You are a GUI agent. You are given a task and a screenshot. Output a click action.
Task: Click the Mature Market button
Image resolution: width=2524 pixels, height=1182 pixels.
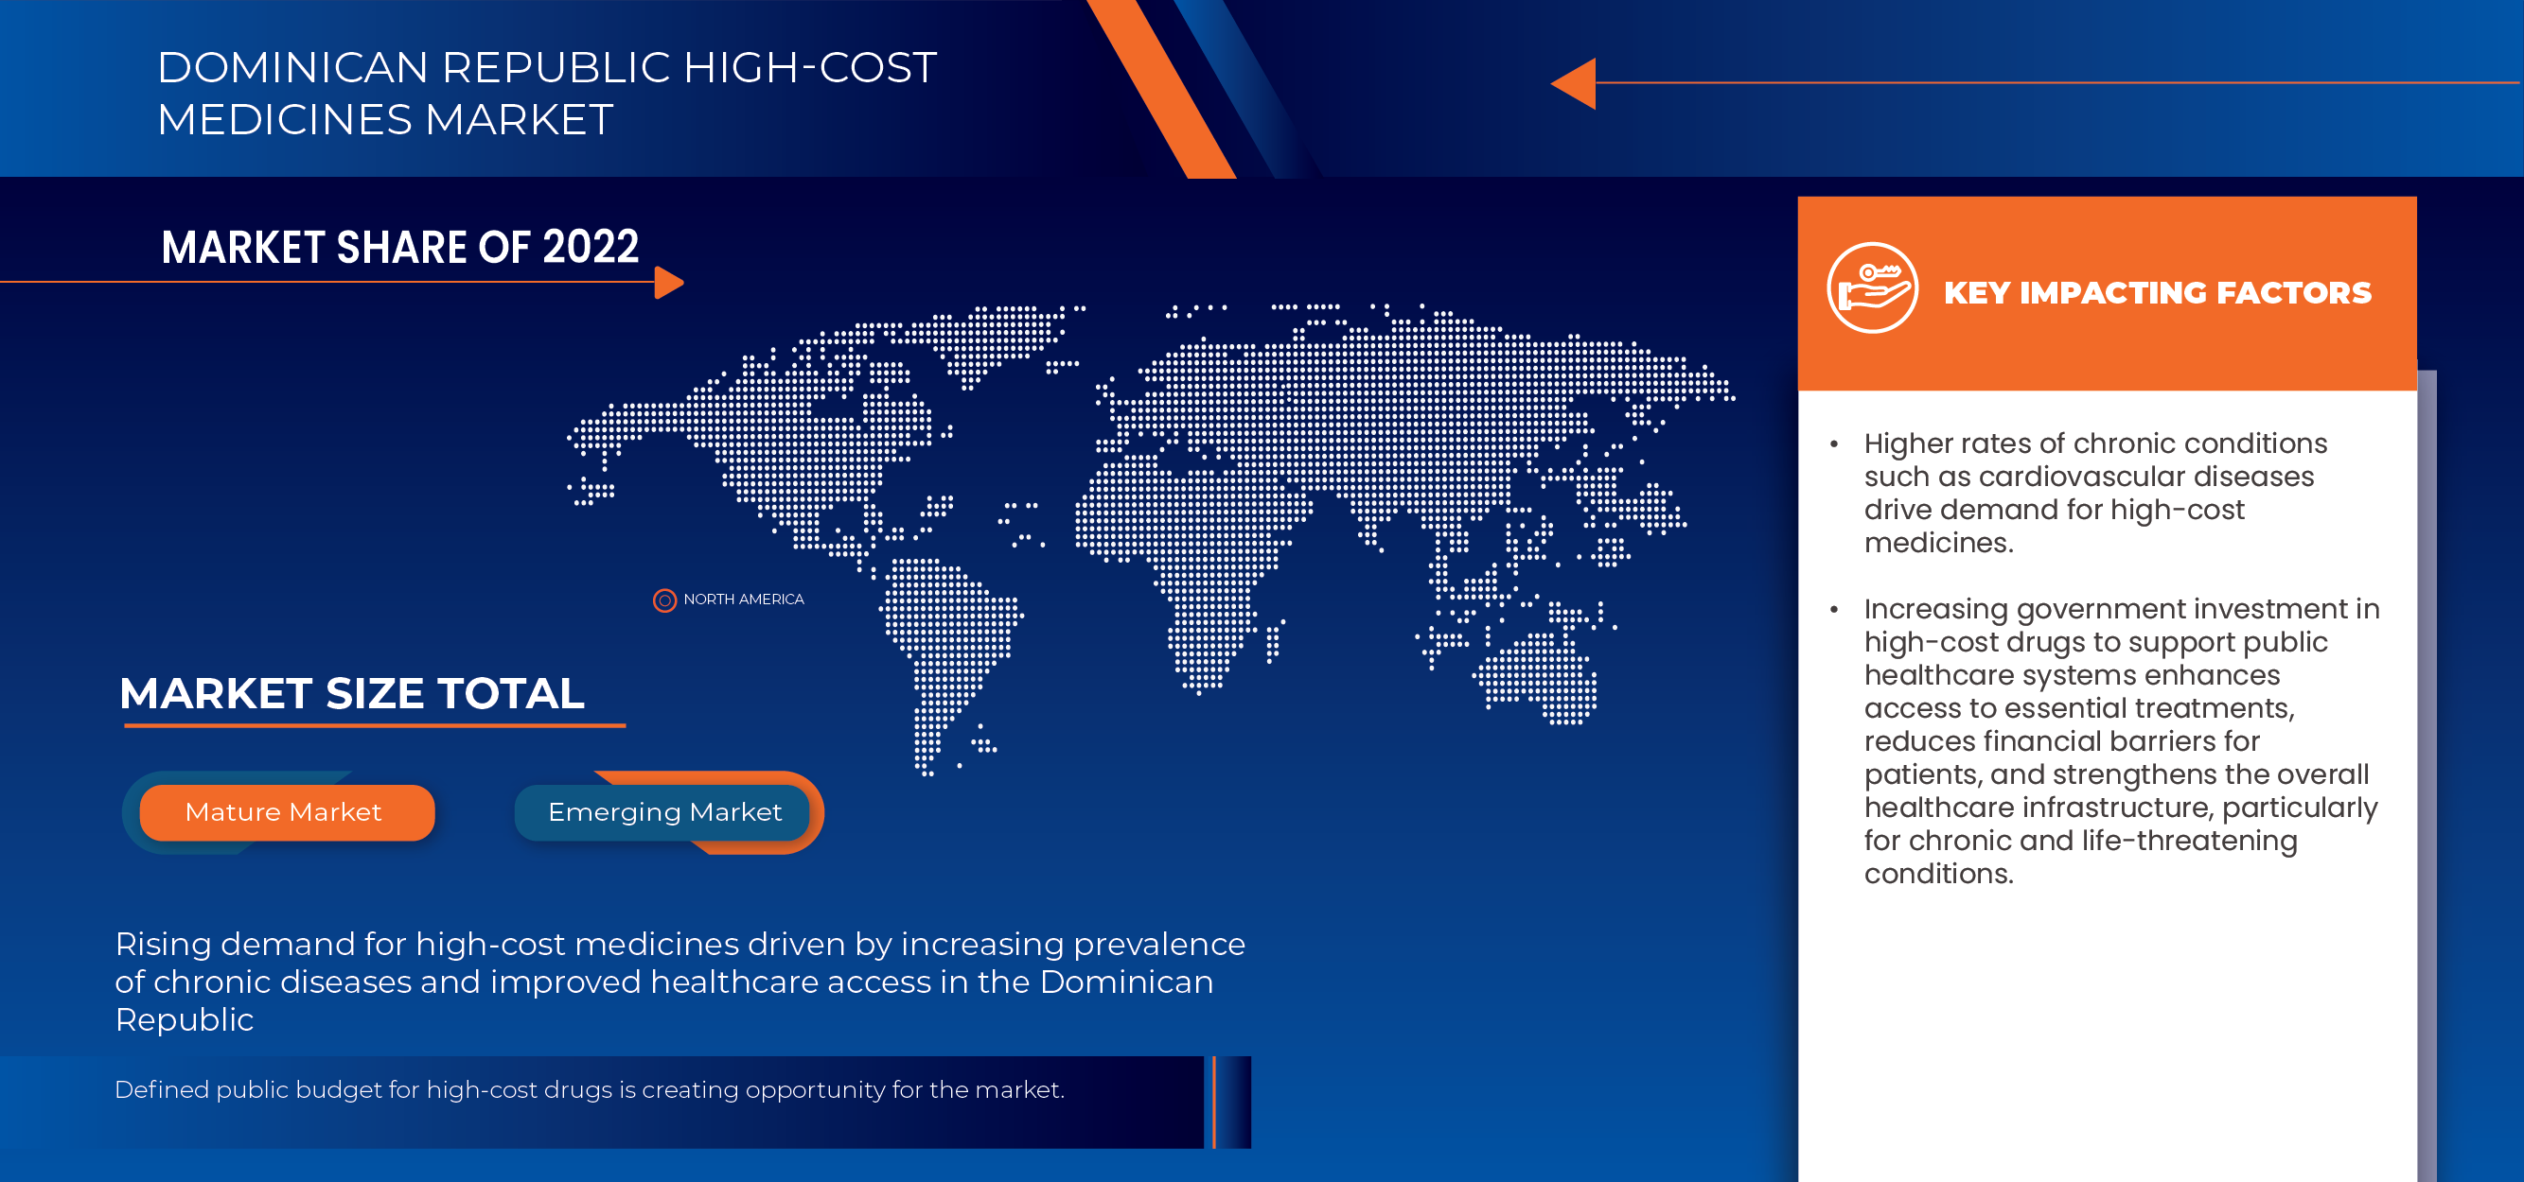pyautogui.click(x=285, y=812)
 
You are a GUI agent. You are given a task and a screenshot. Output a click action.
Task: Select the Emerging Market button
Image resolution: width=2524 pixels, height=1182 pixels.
pyautogui.click(x=664, y=812)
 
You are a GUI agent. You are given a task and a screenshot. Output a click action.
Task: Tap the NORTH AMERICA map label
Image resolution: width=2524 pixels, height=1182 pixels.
pyautogui.click(x=743, y=600)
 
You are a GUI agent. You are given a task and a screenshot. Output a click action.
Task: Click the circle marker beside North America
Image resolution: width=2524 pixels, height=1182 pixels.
pyautogui.click(x=664, y=600)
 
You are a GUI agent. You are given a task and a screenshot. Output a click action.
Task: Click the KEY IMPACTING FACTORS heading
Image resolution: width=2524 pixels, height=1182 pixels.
pyautogui.click(x=2157, y=293)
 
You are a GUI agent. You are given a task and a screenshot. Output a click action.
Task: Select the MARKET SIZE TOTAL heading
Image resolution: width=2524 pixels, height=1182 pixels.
pyautogui.click(x=352, y=693)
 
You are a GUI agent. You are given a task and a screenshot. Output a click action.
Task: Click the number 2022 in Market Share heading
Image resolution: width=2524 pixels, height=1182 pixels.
pyautogui.click(x=591, y=247)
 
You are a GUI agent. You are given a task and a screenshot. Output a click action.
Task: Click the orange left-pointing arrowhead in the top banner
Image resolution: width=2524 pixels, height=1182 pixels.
pyautogui.click(x=1576, y=83)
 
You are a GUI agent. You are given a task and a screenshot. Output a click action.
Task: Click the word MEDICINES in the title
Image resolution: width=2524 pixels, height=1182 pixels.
pyautogui.click(x=286, y=119)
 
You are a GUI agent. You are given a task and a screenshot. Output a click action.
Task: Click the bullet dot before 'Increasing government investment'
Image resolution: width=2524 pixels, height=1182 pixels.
pyautogui.click(x=1834, y=609)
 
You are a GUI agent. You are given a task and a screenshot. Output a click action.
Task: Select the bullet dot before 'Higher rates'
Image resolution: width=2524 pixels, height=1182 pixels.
pyautogui.click(x=1834, y=444)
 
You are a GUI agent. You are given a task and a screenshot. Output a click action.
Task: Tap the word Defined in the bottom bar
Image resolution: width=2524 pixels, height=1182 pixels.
pyautogui.click(x=161, y=1089)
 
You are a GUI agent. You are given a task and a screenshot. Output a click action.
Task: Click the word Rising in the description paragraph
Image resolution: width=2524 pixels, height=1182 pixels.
pyautogui.click(x=163, y=944)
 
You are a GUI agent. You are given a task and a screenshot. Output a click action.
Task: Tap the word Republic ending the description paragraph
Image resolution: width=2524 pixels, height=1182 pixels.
pyautogui.click(x=185, y=1019)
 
